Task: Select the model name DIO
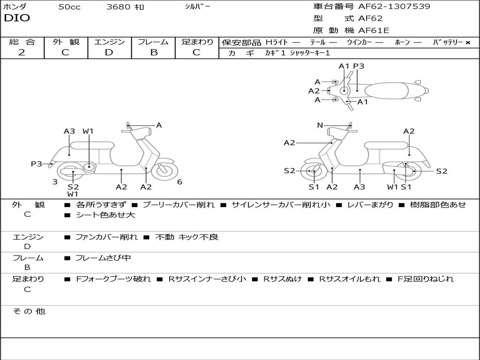[17, 18]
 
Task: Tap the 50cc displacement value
[69, 7]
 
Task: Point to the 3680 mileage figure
[119, 7]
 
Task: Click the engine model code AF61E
[374, 31]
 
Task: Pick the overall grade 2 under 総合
[22, 52]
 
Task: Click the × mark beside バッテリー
[467, 42]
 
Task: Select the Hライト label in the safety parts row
[277, 42]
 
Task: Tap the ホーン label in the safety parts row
[402, 42]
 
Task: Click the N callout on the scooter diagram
[320, 125]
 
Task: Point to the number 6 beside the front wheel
[180, 182]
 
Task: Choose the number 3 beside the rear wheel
[55, 182]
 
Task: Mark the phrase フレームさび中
[103, 258]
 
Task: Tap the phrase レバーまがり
[370, 205]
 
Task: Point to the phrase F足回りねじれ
[426, 279]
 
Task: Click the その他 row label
[29, 311]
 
